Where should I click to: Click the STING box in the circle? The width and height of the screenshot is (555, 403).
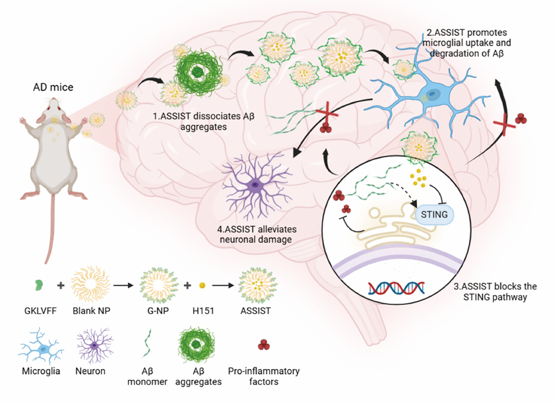click(x=434, y=215)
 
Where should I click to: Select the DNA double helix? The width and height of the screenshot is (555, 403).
click(x=396, y=287)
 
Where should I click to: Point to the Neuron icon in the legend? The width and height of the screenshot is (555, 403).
click(x=94, y=347)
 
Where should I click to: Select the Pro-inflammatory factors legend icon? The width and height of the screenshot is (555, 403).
click(x=264, y=347)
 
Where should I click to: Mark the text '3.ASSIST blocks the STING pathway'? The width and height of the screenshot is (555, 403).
click(x=494, y=291)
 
